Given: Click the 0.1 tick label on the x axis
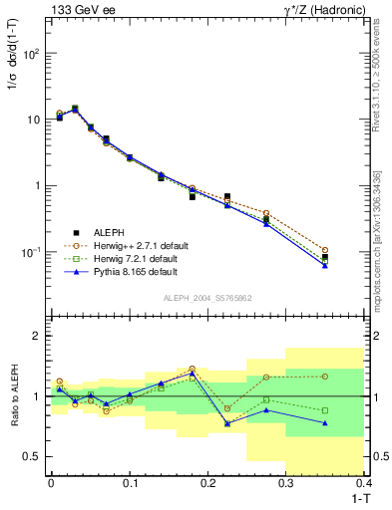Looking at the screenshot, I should (x=130, y=482).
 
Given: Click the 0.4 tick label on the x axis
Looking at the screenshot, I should (x=365, y=482).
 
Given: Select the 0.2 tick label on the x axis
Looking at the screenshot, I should (x=208, y=482).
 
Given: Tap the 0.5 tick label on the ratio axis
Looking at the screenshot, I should (x=31, y=456).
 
